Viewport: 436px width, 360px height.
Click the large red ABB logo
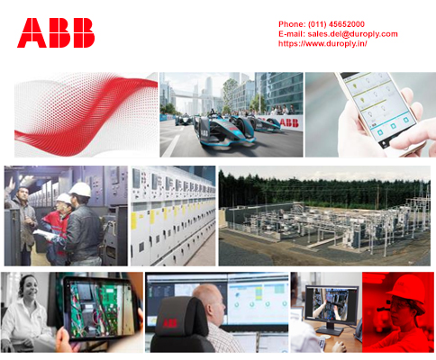pos(56,32)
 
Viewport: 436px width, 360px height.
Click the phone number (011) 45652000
pos(336,24)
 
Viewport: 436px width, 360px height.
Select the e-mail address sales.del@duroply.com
pos(353,34)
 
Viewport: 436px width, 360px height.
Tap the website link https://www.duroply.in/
pos(322,44)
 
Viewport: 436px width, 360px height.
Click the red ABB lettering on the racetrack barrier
pos(289,122)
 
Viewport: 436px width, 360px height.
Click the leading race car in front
pos(224,130)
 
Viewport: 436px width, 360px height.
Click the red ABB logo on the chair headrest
pos(170,323)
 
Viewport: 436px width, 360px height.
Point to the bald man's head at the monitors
pos(209,303)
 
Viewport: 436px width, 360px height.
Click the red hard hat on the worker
pos(407,291)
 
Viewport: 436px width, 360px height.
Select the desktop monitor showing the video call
pos(332,306)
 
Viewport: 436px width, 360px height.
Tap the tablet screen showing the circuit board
pos(101,308)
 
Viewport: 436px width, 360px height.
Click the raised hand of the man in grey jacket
pos(11,184)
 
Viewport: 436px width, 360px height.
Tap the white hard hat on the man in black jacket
pos(80,189)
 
